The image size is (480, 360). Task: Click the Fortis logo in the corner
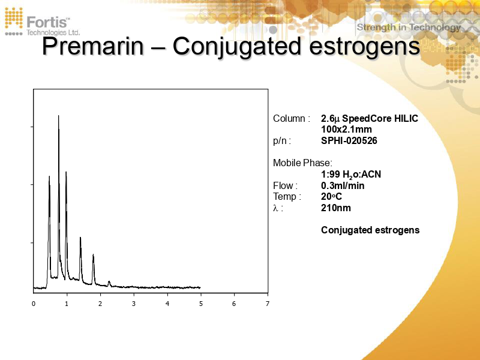point(42,22)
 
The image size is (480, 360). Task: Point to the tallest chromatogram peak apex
point(58,116)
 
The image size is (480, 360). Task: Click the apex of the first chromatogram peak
point(49,176)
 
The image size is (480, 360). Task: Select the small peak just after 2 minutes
point(109,281)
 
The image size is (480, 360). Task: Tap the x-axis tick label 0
point(34,304)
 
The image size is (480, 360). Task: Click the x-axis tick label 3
point(134,304)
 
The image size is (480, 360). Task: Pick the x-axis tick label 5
point(200,304)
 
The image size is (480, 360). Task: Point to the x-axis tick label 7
point(268,304)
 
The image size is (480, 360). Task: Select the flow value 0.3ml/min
point(343,185)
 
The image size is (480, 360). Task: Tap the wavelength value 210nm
point(336,208)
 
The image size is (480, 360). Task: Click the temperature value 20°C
point(331,197)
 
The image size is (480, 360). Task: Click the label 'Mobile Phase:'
point(302,163)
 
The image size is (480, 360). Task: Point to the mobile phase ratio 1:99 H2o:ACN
point(351,175)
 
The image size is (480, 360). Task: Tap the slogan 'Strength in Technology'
point(409,27)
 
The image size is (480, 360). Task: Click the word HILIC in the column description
point(404,118)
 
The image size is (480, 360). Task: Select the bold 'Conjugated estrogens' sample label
point(370,230)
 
